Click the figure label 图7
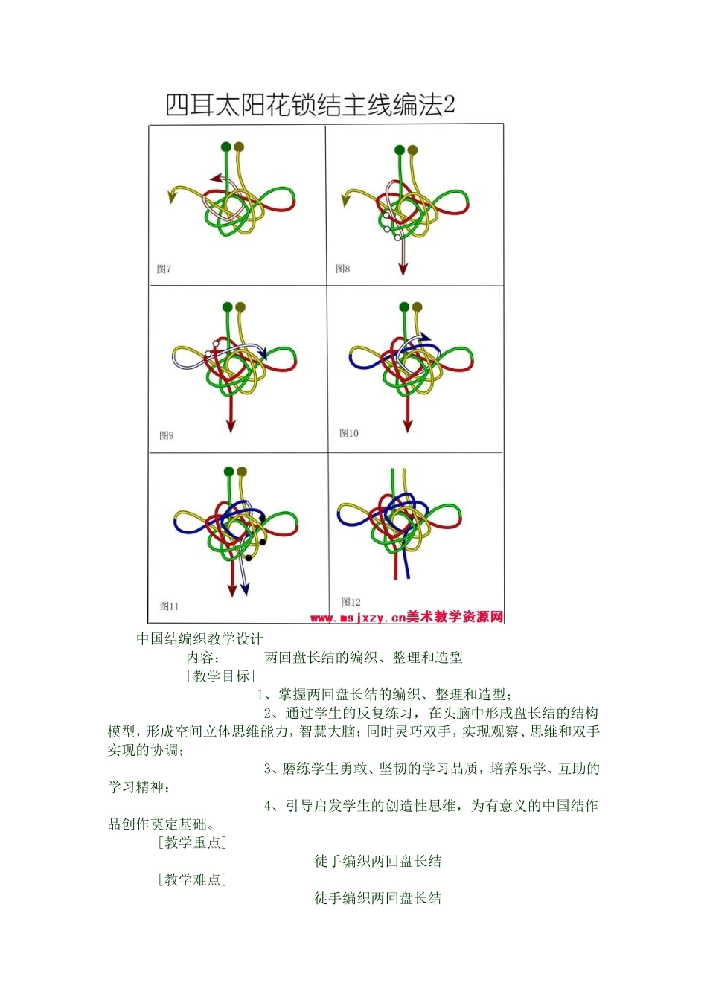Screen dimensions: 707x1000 [x=164, y=269]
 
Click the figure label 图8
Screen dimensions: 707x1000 [x=343, y=268]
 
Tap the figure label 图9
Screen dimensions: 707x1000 [x=167, y=435]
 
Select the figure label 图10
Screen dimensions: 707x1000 [x=349, y=433]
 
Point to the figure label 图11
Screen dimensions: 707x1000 [x=169, y=606]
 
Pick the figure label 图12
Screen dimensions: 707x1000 [x=351, y=602]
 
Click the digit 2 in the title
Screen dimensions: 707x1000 [x=448, y=105]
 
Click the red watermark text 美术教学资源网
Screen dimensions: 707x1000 [x=455, y=617]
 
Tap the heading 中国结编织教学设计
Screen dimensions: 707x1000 [x=199, y=638]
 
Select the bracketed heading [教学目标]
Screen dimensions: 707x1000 [x=221, y=676]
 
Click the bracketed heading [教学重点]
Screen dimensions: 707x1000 [x=192, y=842]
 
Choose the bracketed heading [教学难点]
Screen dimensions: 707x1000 [x=192, y=879]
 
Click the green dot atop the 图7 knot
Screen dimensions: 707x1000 [x=226, y=147]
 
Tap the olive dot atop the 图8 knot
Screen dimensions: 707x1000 [x=413, y=150]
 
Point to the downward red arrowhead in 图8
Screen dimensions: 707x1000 [x=403, y=269]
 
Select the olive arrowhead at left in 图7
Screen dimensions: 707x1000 [x=173, y=196]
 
